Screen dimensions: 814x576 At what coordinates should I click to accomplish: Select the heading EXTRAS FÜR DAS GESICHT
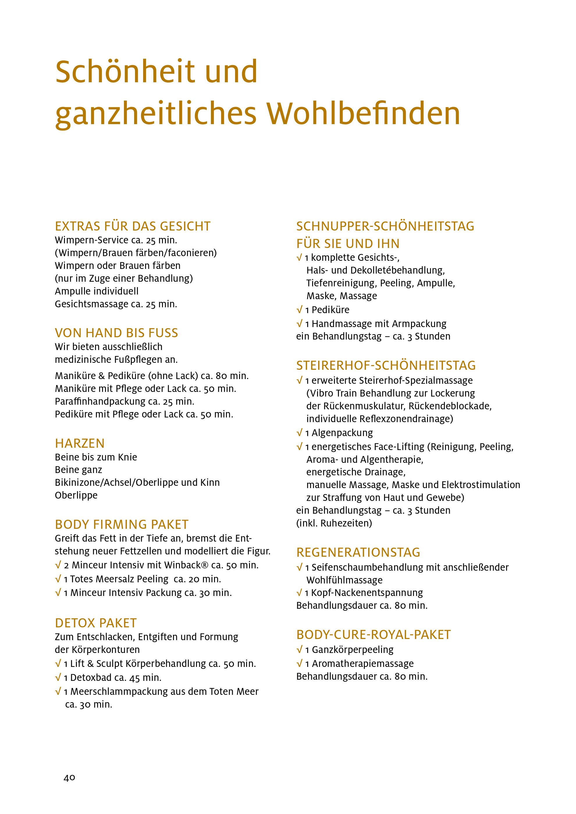point(133,226)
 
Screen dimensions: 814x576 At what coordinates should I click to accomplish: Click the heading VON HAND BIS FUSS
point(116,333)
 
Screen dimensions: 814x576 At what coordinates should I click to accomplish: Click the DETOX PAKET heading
point(96,623)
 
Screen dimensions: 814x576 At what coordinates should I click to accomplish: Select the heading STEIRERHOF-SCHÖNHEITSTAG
point(386,365)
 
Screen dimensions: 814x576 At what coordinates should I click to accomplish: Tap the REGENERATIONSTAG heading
point(358,552)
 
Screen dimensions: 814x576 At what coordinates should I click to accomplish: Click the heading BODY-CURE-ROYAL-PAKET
point(374,635)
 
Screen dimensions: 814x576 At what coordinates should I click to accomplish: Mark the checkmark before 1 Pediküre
point(299,310)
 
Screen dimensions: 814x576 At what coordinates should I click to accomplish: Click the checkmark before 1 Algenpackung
point(299,433)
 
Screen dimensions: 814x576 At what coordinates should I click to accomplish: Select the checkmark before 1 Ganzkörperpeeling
point(299,650)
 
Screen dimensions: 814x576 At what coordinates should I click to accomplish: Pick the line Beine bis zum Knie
point(96,457)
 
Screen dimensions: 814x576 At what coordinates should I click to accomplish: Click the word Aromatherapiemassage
point(363,664)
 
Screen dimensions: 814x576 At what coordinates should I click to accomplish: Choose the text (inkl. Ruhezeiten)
point(334,523)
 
